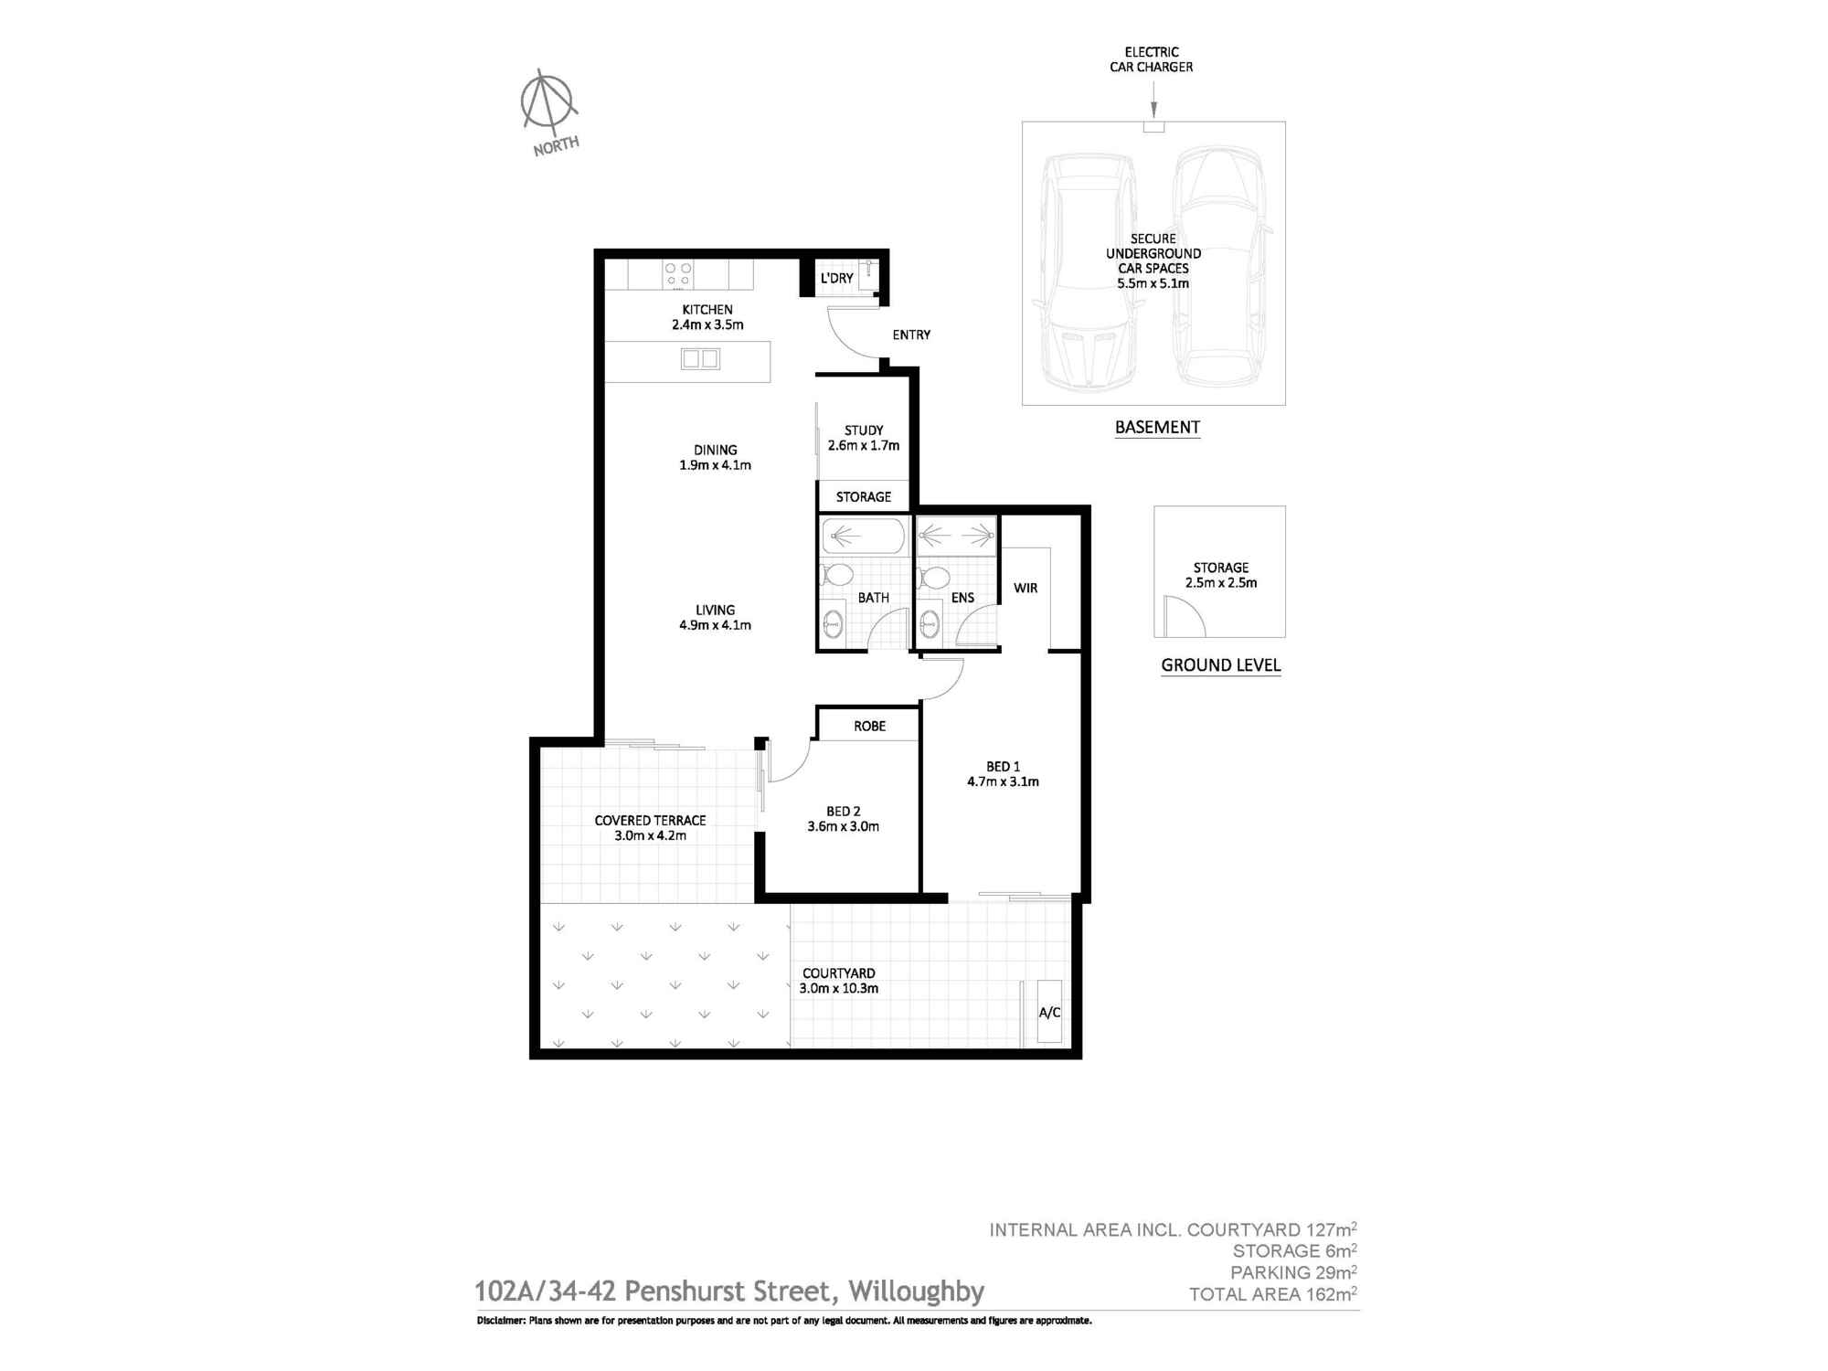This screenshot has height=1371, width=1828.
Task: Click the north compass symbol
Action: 548,101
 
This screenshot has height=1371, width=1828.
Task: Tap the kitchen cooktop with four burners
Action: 677,274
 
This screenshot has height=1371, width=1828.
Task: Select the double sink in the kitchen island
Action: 700,358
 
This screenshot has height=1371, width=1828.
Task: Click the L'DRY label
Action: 836,278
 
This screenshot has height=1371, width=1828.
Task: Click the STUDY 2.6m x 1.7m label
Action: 864,438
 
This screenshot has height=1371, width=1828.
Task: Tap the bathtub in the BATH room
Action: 863,536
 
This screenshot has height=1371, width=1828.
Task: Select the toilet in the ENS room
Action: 935,577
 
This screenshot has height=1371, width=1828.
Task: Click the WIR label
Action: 1026,588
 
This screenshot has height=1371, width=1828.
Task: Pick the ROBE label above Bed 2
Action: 869,726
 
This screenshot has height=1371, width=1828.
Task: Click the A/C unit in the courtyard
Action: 1049,1011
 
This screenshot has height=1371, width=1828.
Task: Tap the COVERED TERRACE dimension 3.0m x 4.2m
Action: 650,835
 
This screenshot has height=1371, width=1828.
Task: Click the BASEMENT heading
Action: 1157,427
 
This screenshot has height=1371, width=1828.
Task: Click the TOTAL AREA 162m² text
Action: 1272,1294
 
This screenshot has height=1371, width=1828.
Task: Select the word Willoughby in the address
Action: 916,1291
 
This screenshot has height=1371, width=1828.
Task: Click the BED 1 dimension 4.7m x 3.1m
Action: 1003,781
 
